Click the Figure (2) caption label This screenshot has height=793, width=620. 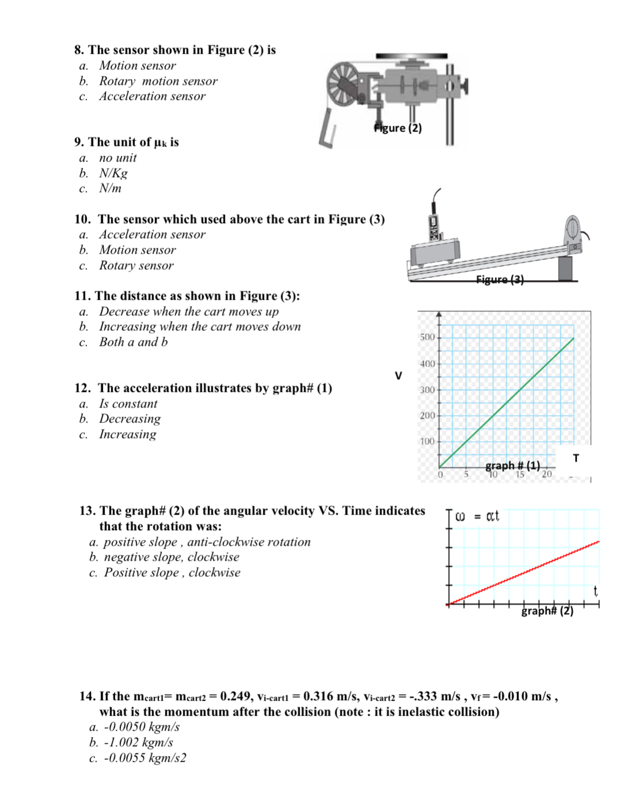coord(398,128)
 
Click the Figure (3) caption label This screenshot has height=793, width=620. coord(500,280)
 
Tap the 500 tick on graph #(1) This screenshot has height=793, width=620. coord(427,337)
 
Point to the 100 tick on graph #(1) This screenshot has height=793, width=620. coord(427,441)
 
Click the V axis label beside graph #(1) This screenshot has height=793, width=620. coord(398,376)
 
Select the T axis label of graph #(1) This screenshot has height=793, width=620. coord(576,458)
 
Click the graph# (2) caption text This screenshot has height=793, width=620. coord(547,611)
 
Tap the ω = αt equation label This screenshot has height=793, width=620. coord(477,516)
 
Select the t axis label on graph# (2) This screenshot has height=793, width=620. coord(595,591)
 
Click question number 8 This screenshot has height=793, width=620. coord(79,50)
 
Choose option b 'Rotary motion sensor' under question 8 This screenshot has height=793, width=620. coord(158,81)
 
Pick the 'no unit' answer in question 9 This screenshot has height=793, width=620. coord(118,158)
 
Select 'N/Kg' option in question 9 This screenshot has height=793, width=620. coord(113,173)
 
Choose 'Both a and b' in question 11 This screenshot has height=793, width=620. coord(133,342)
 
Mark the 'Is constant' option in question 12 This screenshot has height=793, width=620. coord(128,404)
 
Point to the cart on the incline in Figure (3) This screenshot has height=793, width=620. coord(435,252)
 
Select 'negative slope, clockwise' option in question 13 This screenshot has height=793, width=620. coord(171,557)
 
